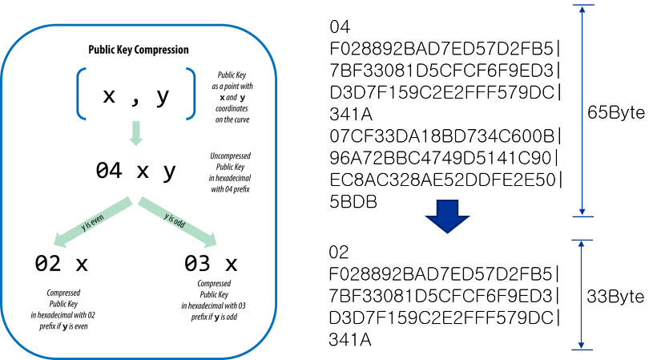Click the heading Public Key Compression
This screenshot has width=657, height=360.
(138, 50)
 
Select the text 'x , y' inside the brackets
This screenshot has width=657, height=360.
(136, 96)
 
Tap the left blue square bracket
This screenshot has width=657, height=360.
(82, 94)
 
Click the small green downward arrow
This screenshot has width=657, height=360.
(136, 133)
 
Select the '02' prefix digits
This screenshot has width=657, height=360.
(48, 263)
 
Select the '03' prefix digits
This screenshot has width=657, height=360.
(197, 263)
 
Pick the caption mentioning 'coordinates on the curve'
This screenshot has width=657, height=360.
(231, 97)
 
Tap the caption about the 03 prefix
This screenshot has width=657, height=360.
(214, 300)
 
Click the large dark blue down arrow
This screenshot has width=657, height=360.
(448, 216)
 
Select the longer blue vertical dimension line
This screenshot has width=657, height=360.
(582, 111)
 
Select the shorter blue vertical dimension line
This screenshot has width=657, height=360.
(582, 294)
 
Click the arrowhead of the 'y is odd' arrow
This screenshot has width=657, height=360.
(209, 239)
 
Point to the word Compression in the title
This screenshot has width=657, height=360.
(163, 50)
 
